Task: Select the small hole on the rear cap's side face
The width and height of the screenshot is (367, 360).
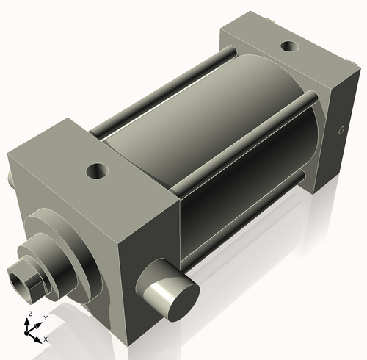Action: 340,131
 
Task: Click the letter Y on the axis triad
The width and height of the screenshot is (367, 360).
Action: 46,317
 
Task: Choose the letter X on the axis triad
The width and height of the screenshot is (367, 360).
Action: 46,339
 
